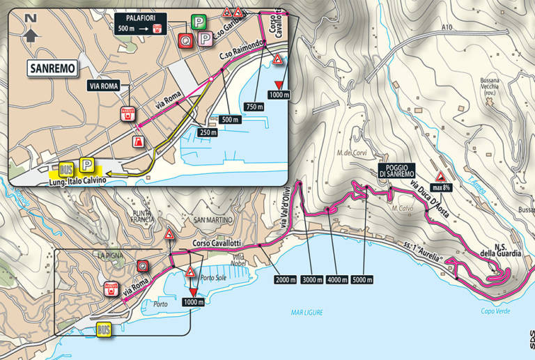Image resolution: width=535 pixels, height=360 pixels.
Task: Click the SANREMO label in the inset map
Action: [52, 68]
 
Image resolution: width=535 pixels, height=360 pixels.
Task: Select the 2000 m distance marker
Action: [286, 279]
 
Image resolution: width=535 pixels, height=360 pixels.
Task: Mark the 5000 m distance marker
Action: [361, 279]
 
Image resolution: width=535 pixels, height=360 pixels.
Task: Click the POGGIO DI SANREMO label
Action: [397, 169]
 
